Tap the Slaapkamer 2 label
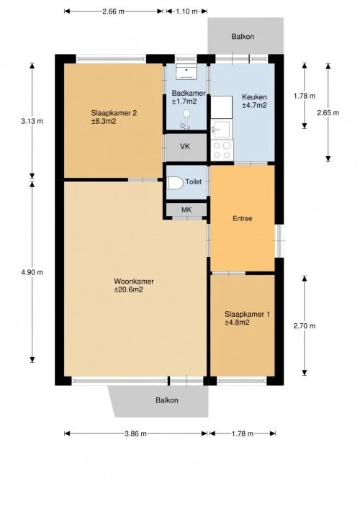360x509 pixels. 114,117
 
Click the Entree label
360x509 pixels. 242,218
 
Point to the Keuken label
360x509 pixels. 254,101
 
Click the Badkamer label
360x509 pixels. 189,98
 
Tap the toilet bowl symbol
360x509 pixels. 174,183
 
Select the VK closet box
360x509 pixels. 186,146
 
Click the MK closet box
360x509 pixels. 186,210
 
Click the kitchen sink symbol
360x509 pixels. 220,130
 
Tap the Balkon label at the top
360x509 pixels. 243,36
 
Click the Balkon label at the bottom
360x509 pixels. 166,400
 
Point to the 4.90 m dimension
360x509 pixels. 32,272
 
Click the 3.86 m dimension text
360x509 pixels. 135,433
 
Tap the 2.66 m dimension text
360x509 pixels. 113,12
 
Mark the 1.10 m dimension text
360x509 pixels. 186,12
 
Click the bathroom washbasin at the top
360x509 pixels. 187,71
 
